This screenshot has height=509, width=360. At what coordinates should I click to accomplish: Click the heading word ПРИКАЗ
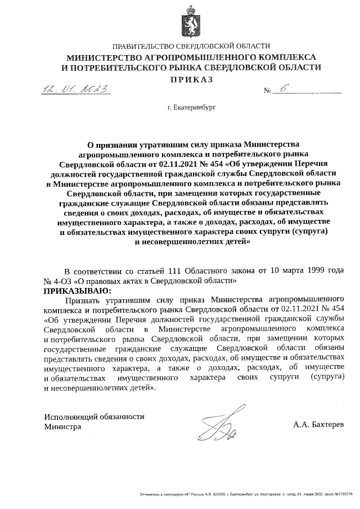192,79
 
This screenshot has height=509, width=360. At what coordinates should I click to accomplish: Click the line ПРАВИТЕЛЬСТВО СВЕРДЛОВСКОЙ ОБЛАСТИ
191,46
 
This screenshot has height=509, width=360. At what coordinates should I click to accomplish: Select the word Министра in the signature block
62,427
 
